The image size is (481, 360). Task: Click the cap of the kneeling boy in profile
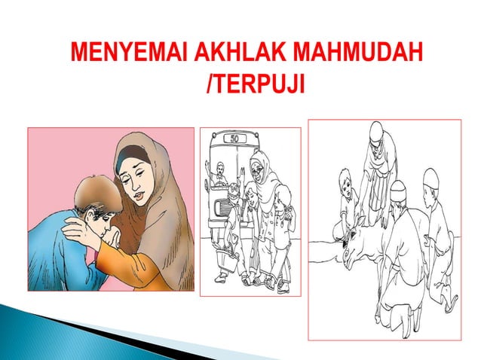point(429,179)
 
